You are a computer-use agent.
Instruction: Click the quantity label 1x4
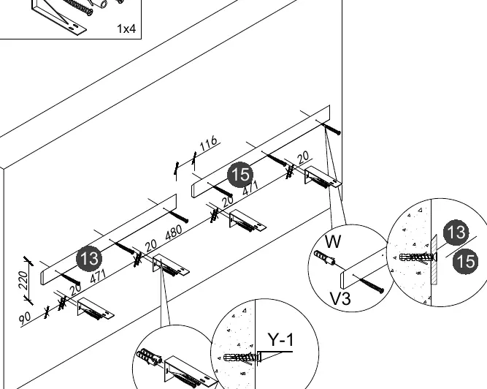pyautogui.click(x=126, y=29)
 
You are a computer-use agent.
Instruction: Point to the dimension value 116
pyautogui.click(x=208, y=143)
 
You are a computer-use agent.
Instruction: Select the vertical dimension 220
pyautogui.click(x=23, y=280)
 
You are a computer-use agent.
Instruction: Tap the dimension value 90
pyautogui.click(x=25, y=318)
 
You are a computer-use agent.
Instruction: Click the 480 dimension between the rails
pyautogui.click(x=174, y=232)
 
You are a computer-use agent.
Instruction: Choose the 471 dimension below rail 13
pyautogui.click(x=98, y=276)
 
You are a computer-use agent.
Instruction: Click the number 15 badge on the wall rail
pyautogui.click(x=240, y=175)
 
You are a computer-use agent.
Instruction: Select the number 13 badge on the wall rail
pyautogui.click(x=89, y=258)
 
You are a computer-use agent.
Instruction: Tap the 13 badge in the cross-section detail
pyautogui.click(x=456, y=233)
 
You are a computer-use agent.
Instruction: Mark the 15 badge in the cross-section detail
pyautogui.click(x=465, y=261)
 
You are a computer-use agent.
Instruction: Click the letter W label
pyautogui.click(x=333, y=241)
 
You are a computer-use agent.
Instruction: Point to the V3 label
pyautogui.click(x=340, y=298)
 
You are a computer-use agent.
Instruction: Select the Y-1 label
pyautogui.click(x=280, y=339)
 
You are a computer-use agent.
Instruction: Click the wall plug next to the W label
pyautogui.click(x=325, y=258)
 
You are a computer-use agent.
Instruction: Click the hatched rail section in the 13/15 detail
pyautogui.click(x=434, y=260)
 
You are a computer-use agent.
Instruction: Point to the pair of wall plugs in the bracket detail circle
pyautogui.click(x=149, y=358)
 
